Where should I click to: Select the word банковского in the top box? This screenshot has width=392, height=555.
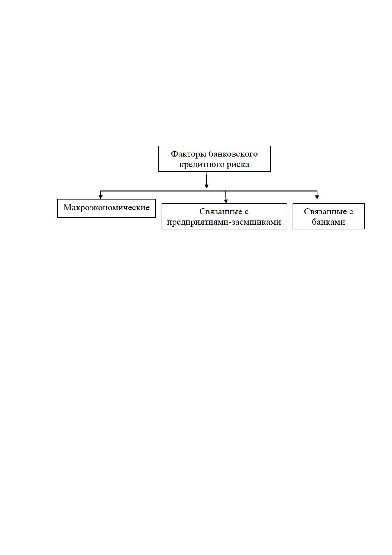[233, 154]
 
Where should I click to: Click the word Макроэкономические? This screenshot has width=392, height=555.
[106, 208]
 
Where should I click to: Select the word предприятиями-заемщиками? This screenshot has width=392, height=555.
[224, 222]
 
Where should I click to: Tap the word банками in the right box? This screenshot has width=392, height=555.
[328, 222]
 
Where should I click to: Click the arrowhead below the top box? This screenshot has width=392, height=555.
[206, 186]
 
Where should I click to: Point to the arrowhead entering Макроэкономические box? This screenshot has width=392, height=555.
[100, 197]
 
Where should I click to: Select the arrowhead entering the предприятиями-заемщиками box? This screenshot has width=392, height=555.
[226, 201]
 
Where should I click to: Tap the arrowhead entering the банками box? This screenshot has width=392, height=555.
[317, 197]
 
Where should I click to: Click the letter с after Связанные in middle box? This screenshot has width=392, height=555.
[247, 212]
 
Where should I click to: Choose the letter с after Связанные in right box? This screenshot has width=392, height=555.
[351, 212]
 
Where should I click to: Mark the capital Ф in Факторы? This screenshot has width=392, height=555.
[174, 154]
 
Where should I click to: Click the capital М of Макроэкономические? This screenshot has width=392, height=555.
[67, 207]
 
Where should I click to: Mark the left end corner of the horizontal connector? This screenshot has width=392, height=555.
[100, 191]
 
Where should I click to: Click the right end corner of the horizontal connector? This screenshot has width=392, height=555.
[317, 191]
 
